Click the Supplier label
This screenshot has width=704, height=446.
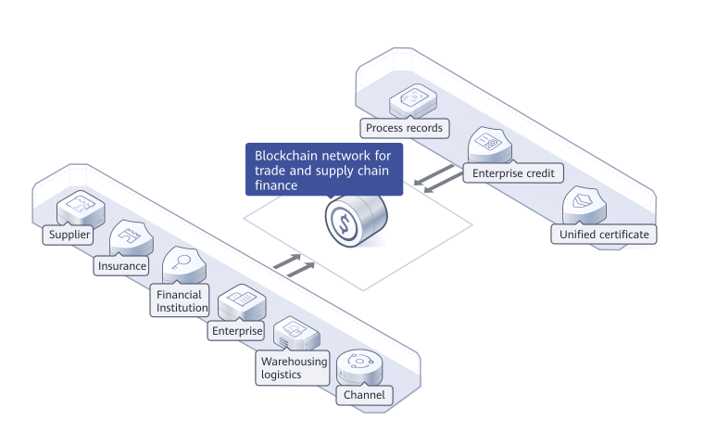coord(69,235)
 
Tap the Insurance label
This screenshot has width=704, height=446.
coord(122,266)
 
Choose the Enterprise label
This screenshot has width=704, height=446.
coord(236,330)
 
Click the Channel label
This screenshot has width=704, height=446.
coord(363,396)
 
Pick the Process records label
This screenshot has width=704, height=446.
coord(404,128)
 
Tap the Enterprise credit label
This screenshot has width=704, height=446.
coord(512,172)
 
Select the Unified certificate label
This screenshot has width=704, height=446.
coord(604,234)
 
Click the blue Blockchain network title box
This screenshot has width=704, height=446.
coord(323,169)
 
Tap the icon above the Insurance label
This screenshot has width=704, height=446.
coord(130,239)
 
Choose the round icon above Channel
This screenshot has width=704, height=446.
coord(358,364)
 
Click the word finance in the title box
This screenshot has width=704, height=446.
coord(275,185)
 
